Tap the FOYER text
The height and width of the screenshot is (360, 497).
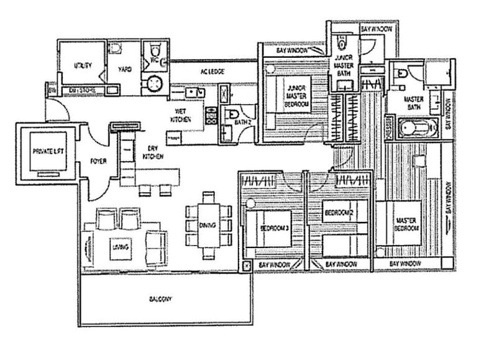click(98, 161)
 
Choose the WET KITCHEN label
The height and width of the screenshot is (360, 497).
click(181, 115)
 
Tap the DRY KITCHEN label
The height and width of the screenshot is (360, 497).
click(153, 153)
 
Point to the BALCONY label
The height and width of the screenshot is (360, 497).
click(160, 299)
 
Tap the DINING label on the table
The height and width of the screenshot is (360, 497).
click(207, 225)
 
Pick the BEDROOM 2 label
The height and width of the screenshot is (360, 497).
click(339, 213)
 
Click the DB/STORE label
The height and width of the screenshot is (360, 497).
click(81, 91)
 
